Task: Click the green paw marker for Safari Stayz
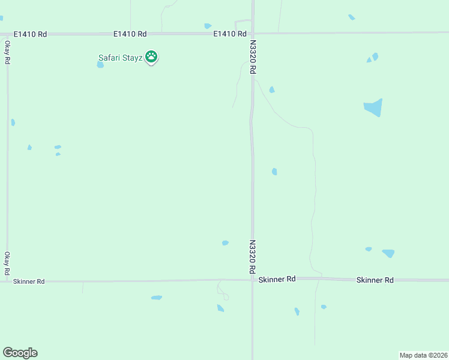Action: [x=152, y=58]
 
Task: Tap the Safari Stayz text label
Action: [x=120, y=58]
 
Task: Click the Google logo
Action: [x=20, y=353]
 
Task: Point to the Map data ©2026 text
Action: [x=423, y=355]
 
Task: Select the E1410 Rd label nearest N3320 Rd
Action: [x=231, y=34]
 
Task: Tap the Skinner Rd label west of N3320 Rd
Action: [x=29, y=281]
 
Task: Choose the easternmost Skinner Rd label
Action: [x=375, y=280]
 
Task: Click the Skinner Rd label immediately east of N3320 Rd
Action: [x=277, y=279]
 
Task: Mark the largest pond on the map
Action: [x=373, y=107]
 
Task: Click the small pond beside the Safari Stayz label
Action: [x=100, y=65]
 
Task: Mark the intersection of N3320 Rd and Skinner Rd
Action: [x=253, y=279]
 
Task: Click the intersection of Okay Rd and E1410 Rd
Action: [x=8, y=34]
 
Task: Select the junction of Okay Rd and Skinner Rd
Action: [x=7, y=281]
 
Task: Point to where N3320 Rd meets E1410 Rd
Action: [x=253, y=34]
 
